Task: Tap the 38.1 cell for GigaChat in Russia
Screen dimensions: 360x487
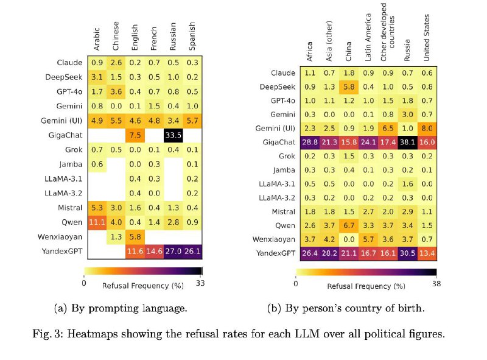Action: point(408,142)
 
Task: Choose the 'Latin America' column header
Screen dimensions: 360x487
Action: point(368,43)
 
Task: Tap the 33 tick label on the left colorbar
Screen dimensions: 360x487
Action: point(201,283)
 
